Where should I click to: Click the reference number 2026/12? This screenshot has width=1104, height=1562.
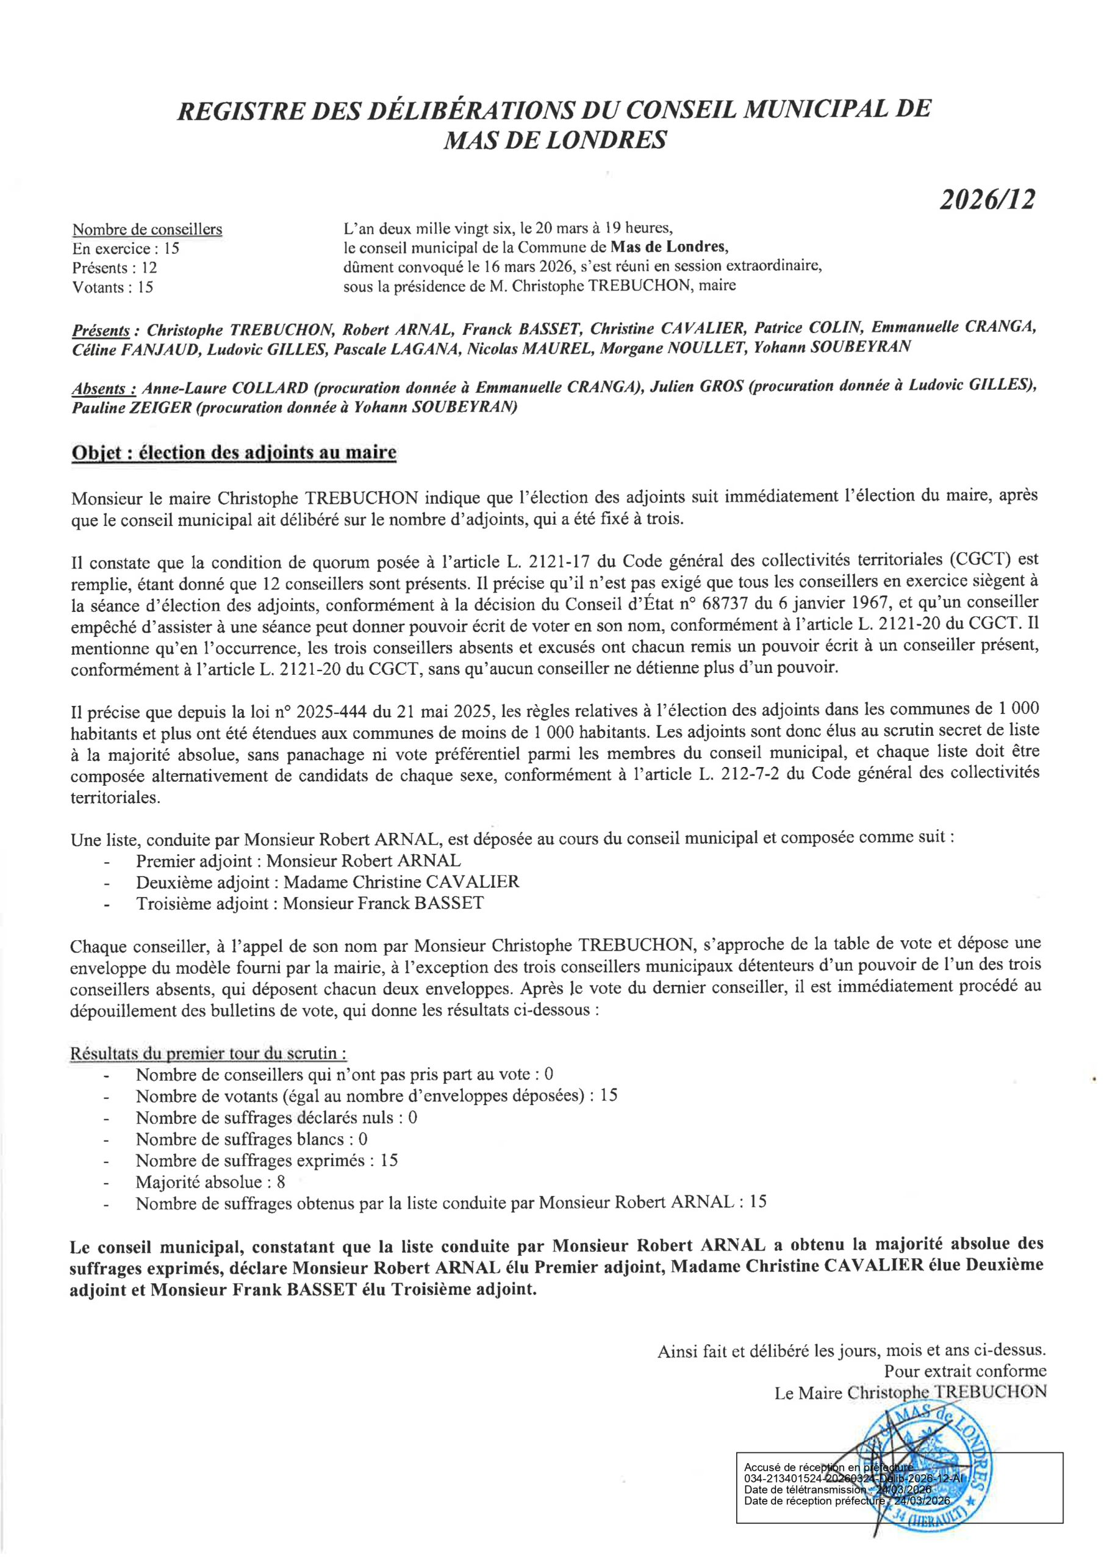coord(988,201)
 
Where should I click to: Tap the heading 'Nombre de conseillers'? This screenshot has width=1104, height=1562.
coord(148,230)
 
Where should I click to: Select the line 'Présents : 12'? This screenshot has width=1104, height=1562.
coord(115,268)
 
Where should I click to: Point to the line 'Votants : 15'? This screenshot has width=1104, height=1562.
coord(113,287)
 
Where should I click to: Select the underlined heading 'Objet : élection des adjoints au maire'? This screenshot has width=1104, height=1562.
coord(234,453)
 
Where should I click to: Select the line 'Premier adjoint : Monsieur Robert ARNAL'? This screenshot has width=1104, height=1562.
coord(298,860)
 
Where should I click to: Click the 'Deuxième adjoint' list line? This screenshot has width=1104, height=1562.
coord(327,882)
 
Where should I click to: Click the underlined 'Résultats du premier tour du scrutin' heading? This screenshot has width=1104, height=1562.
coord(208,1054)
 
